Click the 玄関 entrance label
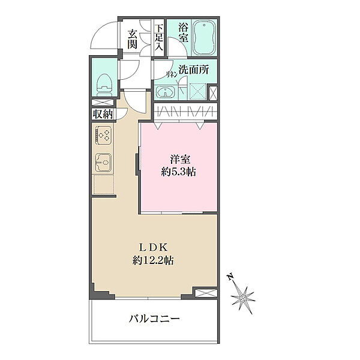pyautogui.click(x=133, y=39)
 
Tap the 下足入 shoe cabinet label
pyautogui.click(x=158, y=37)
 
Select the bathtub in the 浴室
pyautogui.click(x=204, y=38)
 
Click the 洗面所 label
pyautogui.click(x=194, y=70)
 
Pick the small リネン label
pyautogui.click(x=172, y=74)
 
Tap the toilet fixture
pyautogui.click(x=104, y=85)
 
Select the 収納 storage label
pyautogui.click(x=103, y=114)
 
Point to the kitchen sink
pyautogui.click(x=103, y=163)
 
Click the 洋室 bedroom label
pyautogui.click(x=180, y=160)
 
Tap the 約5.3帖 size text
pyautogui.click(x=178, y=172)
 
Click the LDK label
pyautogui.click(x=153, y=248)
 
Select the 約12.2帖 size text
pyautogui.click(x=153, y=260)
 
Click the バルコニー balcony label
pyautogui.click(x=154, y=319)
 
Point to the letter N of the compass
pyautogui.click(x=231, y=277)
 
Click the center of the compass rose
pyautogui.click(x=242, y=298)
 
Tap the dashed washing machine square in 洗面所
pyautogui.click(x=197, y=92)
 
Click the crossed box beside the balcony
pyautogui.click(x=205, y=293)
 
